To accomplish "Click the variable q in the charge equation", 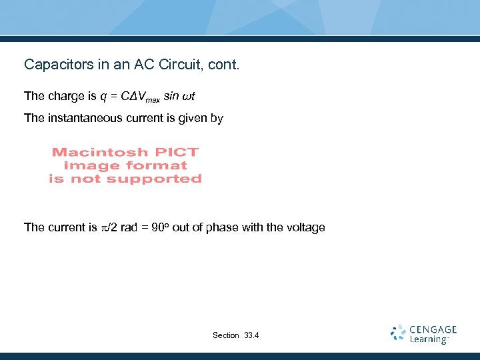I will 103,97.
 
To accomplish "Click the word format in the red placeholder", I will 160,165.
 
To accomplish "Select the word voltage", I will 305,227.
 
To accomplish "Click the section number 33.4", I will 251,335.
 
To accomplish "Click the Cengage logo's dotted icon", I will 399,333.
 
